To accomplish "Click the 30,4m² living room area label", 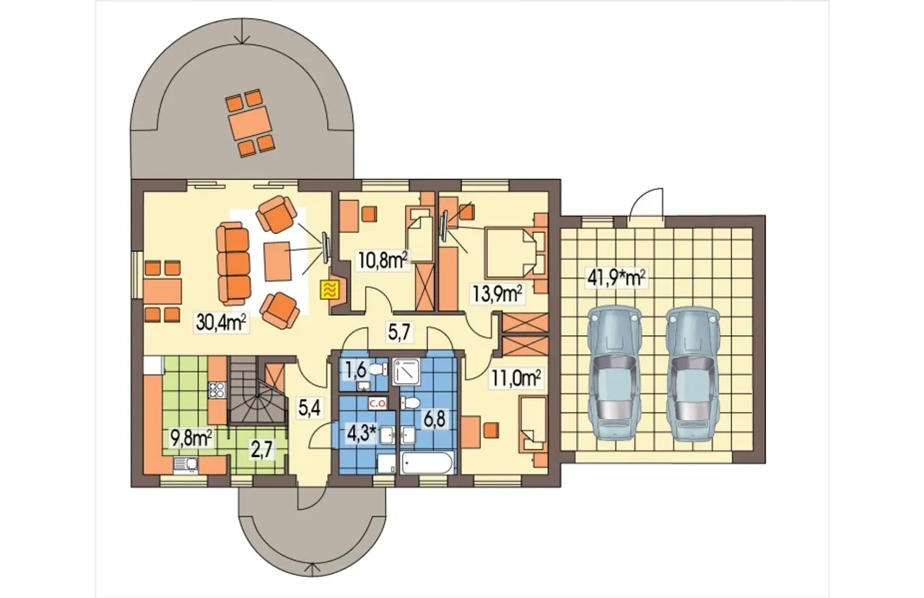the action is pyautogui.click(x=222, y=323).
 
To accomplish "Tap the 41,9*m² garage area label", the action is pyautogui.click(x=616, y=278).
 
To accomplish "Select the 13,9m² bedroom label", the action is pyautogui.click(x=498, y=295).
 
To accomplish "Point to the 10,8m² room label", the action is pyautogui.click(x=383, y=261).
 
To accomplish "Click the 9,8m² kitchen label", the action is pyautogui.click(x=192, y=438).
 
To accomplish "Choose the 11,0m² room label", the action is pyautogui.click(x=515, y=378).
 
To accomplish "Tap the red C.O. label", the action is pyautogui.click(x=378, y=404).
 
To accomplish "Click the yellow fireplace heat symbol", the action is pyautogui.click(x=330, y=290).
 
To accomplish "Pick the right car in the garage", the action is pyautogui.click(x=692, y=373).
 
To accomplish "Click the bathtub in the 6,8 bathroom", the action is pyautogui.click(x=428, y=462).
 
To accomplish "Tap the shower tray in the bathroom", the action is pyautogui.click(x=406, y=372).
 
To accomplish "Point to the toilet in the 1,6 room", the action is pyautogui.click(x=378, y=369).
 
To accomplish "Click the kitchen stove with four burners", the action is pyautogui.click(x=217, y=390).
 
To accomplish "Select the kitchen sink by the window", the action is pyautogui.click(x=186, y=465).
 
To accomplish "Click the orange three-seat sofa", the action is pyautogui.click(x=233, y=261).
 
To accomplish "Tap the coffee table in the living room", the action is pyautogui.click(x=277, y=261).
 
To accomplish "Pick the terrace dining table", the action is pyautogui.click(x=250, y=123).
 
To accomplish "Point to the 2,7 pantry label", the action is pyautogui.click(x=263, y=449).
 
